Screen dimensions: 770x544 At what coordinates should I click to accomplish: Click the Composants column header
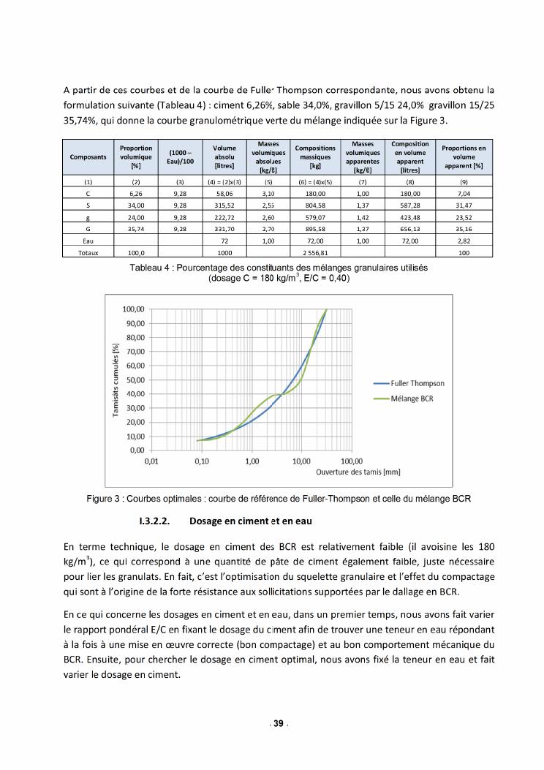click(x=88, y=157)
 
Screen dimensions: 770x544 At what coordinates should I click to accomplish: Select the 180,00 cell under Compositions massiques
click(x=315, y=194)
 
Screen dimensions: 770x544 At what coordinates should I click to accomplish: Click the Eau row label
click(x=88, y=240)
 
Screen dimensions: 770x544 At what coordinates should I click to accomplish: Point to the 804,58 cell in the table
click(x=315, y=205)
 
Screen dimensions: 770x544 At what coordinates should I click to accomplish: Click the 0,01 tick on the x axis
click(x=151, y=462)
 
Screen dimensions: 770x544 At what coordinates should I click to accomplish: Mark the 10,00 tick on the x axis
click(x=301, y=462)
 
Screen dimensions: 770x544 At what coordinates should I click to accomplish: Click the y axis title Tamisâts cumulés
click(x=116, y=381)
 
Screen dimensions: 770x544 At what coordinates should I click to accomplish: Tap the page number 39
click(x=278, y=723)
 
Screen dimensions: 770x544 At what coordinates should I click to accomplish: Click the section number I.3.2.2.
click(x=154, y=521)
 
